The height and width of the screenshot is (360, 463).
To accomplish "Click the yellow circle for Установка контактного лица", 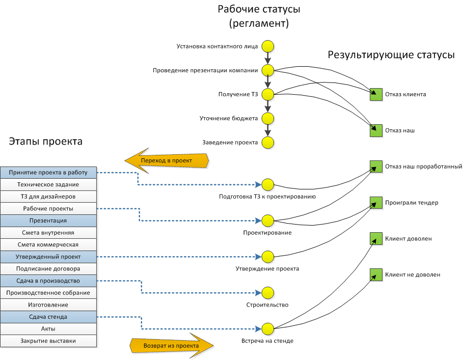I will tap(268, 47).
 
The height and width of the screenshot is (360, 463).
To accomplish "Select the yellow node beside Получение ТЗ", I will tap(268, 94).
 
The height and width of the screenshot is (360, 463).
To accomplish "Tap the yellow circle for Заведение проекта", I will tap(268, 143).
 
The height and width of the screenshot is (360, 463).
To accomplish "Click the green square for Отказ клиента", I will tap(376, 94).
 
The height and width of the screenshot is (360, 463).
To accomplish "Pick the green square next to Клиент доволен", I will tap(376, 238).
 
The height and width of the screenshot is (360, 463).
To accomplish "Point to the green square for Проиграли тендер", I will tap(376, 203).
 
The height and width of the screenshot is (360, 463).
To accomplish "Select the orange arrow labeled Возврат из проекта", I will tap(171, 345).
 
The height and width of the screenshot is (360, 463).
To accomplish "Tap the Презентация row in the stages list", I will tap(48, 220).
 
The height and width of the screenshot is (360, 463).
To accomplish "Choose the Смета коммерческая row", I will tap(48, 244).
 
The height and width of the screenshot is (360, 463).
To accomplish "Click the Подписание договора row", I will tap(48, 268).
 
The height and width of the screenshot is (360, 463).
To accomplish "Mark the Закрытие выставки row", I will tap(48, 341).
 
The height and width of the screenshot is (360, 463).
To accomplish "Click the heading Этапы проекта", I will tap(45, 142).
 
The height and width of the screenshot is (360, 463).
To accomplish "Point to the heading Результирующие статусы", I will tap(391, 55).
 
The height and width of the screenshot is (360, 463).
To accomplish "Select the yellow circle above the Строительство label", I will tap(268, 293).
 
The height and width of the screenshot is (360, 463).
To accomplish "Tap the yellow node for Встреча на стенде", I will tap(268, 328).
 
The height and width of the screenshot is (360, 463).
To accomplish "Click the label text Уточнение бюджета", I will tap(229, 119).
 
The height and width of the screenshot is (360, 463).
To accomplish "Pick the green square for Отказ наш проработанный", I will tap(376, 167).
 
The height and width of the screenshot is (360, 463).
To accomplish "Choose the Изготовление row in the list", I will tap(48, 304).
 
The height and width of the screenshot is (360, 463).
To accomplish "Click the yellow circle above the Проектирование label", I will tap(268, 220).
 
